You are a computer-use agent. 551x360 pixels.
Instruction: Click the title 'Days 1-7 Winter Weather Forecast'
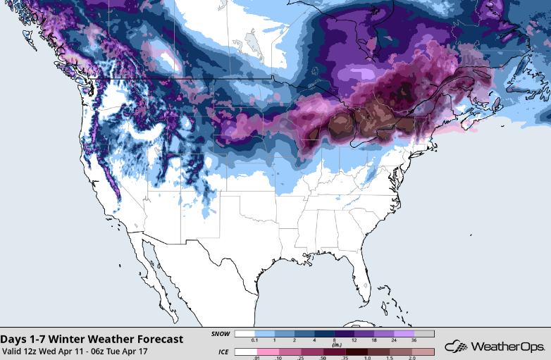(92, 339)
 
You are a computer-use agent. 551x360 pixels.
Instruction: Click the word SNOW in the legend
(221, 334)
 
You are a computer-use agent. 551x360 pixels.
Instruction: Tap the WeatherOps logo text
(506, 347)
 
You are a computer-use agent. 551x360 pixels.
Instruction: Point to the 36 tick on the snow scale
(414, 342)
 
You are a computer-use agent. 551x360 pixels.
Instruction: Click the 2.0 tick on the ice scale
(414, 358)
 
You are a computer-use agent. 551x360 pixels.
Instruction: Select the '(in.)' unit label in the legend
(335, 345)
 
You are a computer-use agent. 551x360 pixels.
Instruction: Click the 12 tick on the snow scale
(354, 342)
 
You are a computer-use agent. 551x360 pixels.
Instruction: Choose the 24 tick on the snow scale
(395, 342)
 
